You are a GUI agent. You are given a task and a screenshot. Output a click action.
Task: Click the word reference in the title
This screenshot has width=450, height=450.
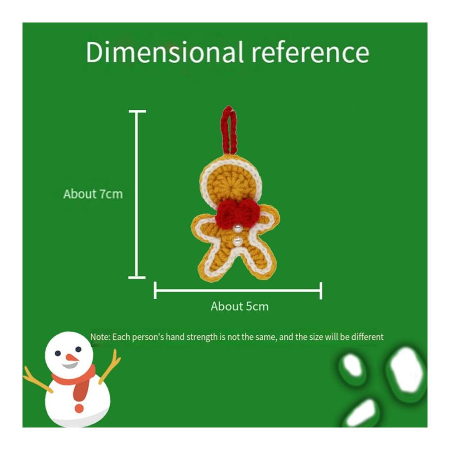tap(310, 53)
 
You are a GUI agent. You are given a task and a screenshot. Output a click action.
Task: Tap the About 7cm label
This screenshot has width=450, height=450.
tap(93, 194)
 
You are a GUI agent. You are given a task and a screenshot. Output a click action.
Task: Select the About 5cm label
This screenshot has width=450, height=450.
tap(240, 306)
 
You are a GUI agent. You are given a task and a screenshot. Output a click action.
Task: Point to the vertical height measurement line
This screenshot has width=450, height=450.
tap(137, 194)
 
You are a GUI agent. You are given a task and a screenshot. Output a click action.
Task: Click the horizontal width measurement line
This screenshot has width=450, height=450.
tap(238, 290)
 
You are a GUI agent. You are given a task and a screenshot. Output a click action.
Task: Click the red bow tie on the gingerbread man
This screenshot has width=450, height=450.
tap(238, 213)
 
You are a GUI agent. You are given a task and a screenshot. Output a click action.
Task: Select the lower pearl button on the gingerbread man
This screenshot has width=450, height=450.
tap(237, 241)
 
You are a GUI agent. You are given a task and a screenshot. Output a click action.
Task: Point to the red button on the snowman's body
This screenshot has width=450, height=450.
tap(79, 408)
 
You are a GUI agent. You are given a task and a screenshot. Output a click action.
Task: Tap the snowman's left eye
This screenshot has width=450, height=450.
tap(58, 353)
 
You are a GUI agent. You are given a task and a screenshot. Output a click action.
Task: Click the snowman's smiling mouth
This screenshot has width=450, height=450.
tap(70, 365)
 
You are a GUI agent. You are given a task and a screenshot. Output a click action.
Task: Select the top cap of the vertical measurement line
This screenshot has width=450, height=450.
tap(137, 111)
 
